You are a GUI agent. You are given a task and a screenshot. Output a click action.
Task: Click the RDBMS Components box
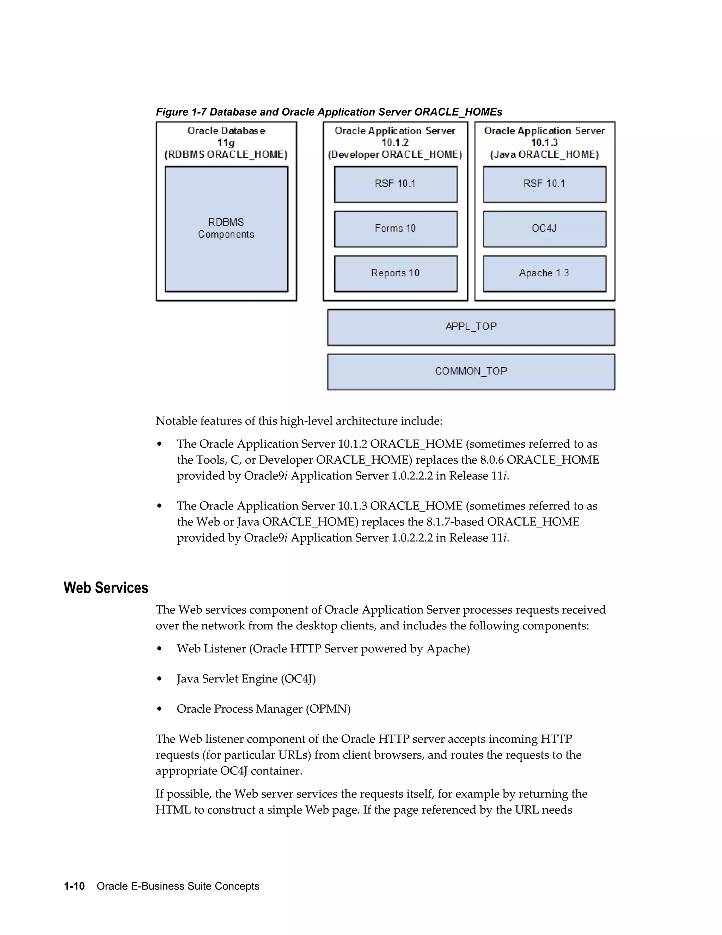[226, 229]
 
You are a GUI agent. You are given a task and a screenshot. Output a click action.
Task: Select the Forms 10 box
[396, 229]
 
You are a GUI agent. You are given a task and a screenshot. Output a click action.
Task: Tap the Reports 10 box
[396, 273]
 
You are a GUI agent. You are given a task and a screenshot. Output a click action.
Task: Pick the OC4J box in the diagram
[544, 229]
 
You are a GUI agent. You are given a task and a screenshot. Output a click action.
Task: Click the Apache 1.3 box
[544, 273]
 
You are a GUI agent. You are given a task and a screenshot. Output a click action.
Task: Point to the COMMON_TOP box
[471, 371]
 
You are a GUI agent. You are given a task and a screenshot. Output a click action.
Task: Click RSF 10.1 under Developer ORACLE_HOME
[396, 184]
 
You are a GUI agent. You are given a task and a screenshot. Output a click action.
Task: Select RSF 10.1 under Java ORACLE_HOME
[544, 184]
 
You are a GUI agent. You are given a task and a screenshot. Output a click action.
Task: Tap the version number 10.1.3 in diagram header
[544, 143]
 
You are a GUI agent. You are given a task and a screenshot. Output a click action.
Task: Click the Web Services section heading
[106, 588]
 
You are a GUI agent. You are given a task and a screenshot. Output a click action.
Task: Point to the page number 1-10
[74, 886]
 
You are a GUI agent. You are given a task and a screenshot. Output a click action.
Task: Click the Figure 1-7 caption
[329, 112]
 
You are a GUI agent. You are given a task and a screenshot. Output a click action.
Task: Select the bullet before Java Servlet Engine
[160, 679]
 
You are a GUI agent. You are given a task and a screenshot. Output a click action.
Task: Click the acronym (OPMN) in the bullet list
[328, 709]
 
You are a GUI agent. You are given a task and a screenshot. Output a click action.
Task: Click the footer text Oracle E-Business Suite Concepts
[178, 886]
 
